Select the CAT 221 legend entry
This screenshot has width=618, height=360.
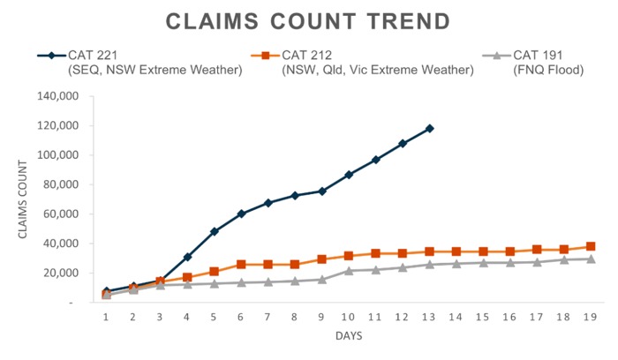coord(141,63)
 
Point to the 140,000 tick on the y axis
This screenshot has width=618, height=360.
coord(64,96)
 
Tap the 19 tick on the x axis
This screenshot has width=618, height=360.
coord(591,316)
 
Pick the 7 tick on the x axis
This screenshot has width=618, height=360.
coord(268,316)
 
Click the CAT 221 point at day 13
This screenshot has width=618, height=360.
coord(429,129)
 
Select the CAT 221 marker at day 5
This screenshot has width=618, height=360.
coord(214,231)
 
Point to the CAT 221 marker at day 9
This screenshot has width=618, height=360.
coord(321,191)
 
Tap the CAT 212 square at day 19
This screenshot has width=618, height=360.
coord(591,246)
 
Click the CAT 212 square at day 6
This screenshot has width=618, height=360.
coord(241,265)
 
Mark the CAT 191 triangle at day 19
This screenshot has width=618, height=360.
coord(591,259)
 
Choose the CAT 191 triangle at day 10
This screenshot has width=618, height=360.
coord(349,270)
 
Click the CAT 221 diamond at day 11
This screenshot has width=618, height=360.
coord(375,160)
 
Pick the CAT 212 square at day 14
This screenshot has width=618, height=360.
coord(456,251)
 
